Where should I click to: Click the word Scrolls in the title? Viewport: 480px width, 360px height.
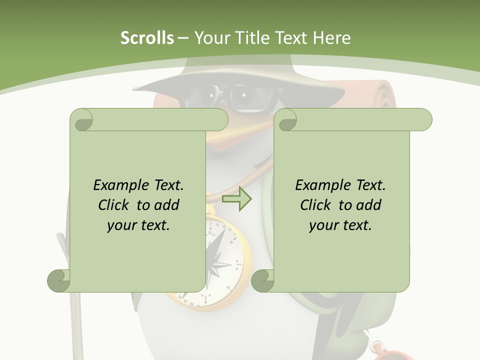point(147,38)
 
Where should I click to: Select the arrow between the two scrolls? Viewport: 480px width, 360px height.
point(236,199)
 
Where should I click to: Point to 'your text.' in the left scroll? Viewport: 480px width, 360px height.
point(138,225)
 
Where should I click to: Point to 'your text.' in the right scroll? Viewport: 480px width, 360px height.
point(340,225)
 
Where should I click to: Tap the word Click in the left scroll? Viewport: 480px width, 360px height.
point(115,205)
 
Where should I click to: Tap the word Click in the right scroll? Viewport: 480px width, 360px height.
point(317,205)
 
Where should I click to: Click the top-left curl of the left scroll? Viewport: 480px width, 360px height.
point(81,120)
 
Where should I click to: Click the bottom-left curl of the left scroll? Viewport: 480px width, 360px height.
point(59,280)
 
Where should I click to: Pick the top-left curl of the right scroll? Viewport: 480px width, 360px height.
point(286,120)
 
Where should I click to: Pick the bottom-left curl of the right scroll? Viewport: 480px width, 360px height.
point(262,280)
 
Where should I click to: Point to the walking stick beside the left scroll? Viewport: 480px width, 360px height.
point(75,320)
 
